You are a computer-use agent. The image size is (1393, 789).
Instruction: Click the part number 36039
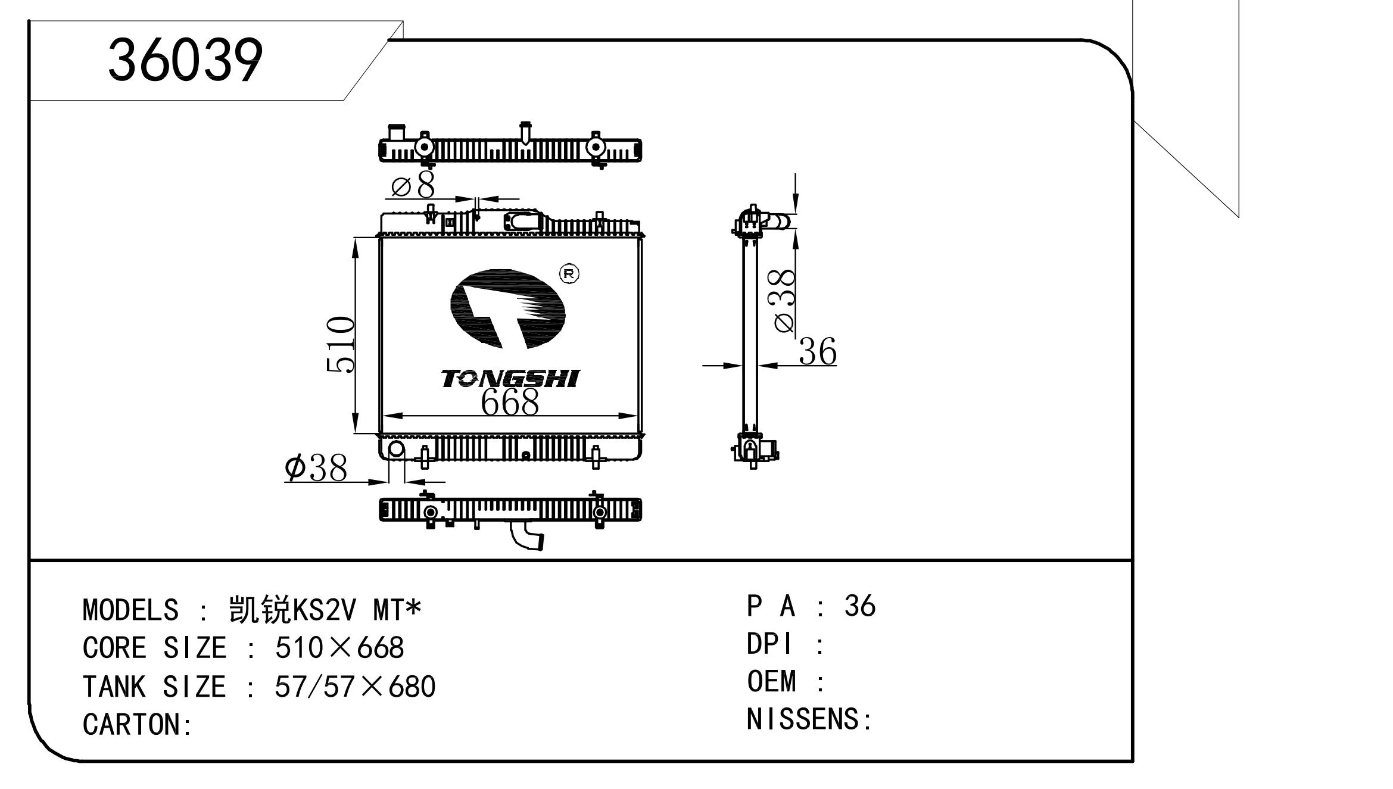click(185, 60)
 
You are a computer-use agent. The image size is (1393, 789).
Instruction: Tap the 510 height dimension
click(341, 345)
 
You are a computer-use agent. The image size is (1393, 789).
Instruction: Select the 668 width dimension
click(510, 402)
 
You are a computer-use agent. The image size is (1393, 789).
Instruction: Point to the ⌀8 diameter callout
click(413, 185)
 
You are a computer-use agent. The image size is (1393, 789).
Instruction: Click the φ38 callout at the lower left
click(316, 467)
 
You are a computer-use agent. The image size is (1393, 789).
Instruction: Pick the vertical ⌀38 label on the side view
click(785, 301)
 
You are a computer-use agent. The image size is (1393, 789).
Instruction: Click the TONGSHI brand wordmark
click(510, 379)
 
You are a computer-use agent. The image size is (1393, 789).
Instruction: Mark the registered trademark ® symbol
click(569, 273)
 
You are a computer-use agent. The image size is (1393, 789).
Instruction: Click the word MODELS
click(130, 610)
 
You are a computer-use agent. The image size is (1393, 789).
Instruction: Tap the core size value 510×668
click(339, 648)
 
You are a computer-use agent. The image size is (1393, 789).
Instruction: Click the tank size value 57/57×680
click(355, 687)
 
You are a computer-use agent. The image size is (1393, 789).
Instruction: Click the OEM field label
click(771, 681)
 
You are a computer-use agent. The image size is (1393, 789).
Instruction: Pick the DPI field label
click(769, 644)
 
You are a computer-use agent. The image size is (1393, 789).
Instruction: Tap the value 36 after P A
click(859, 606)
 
